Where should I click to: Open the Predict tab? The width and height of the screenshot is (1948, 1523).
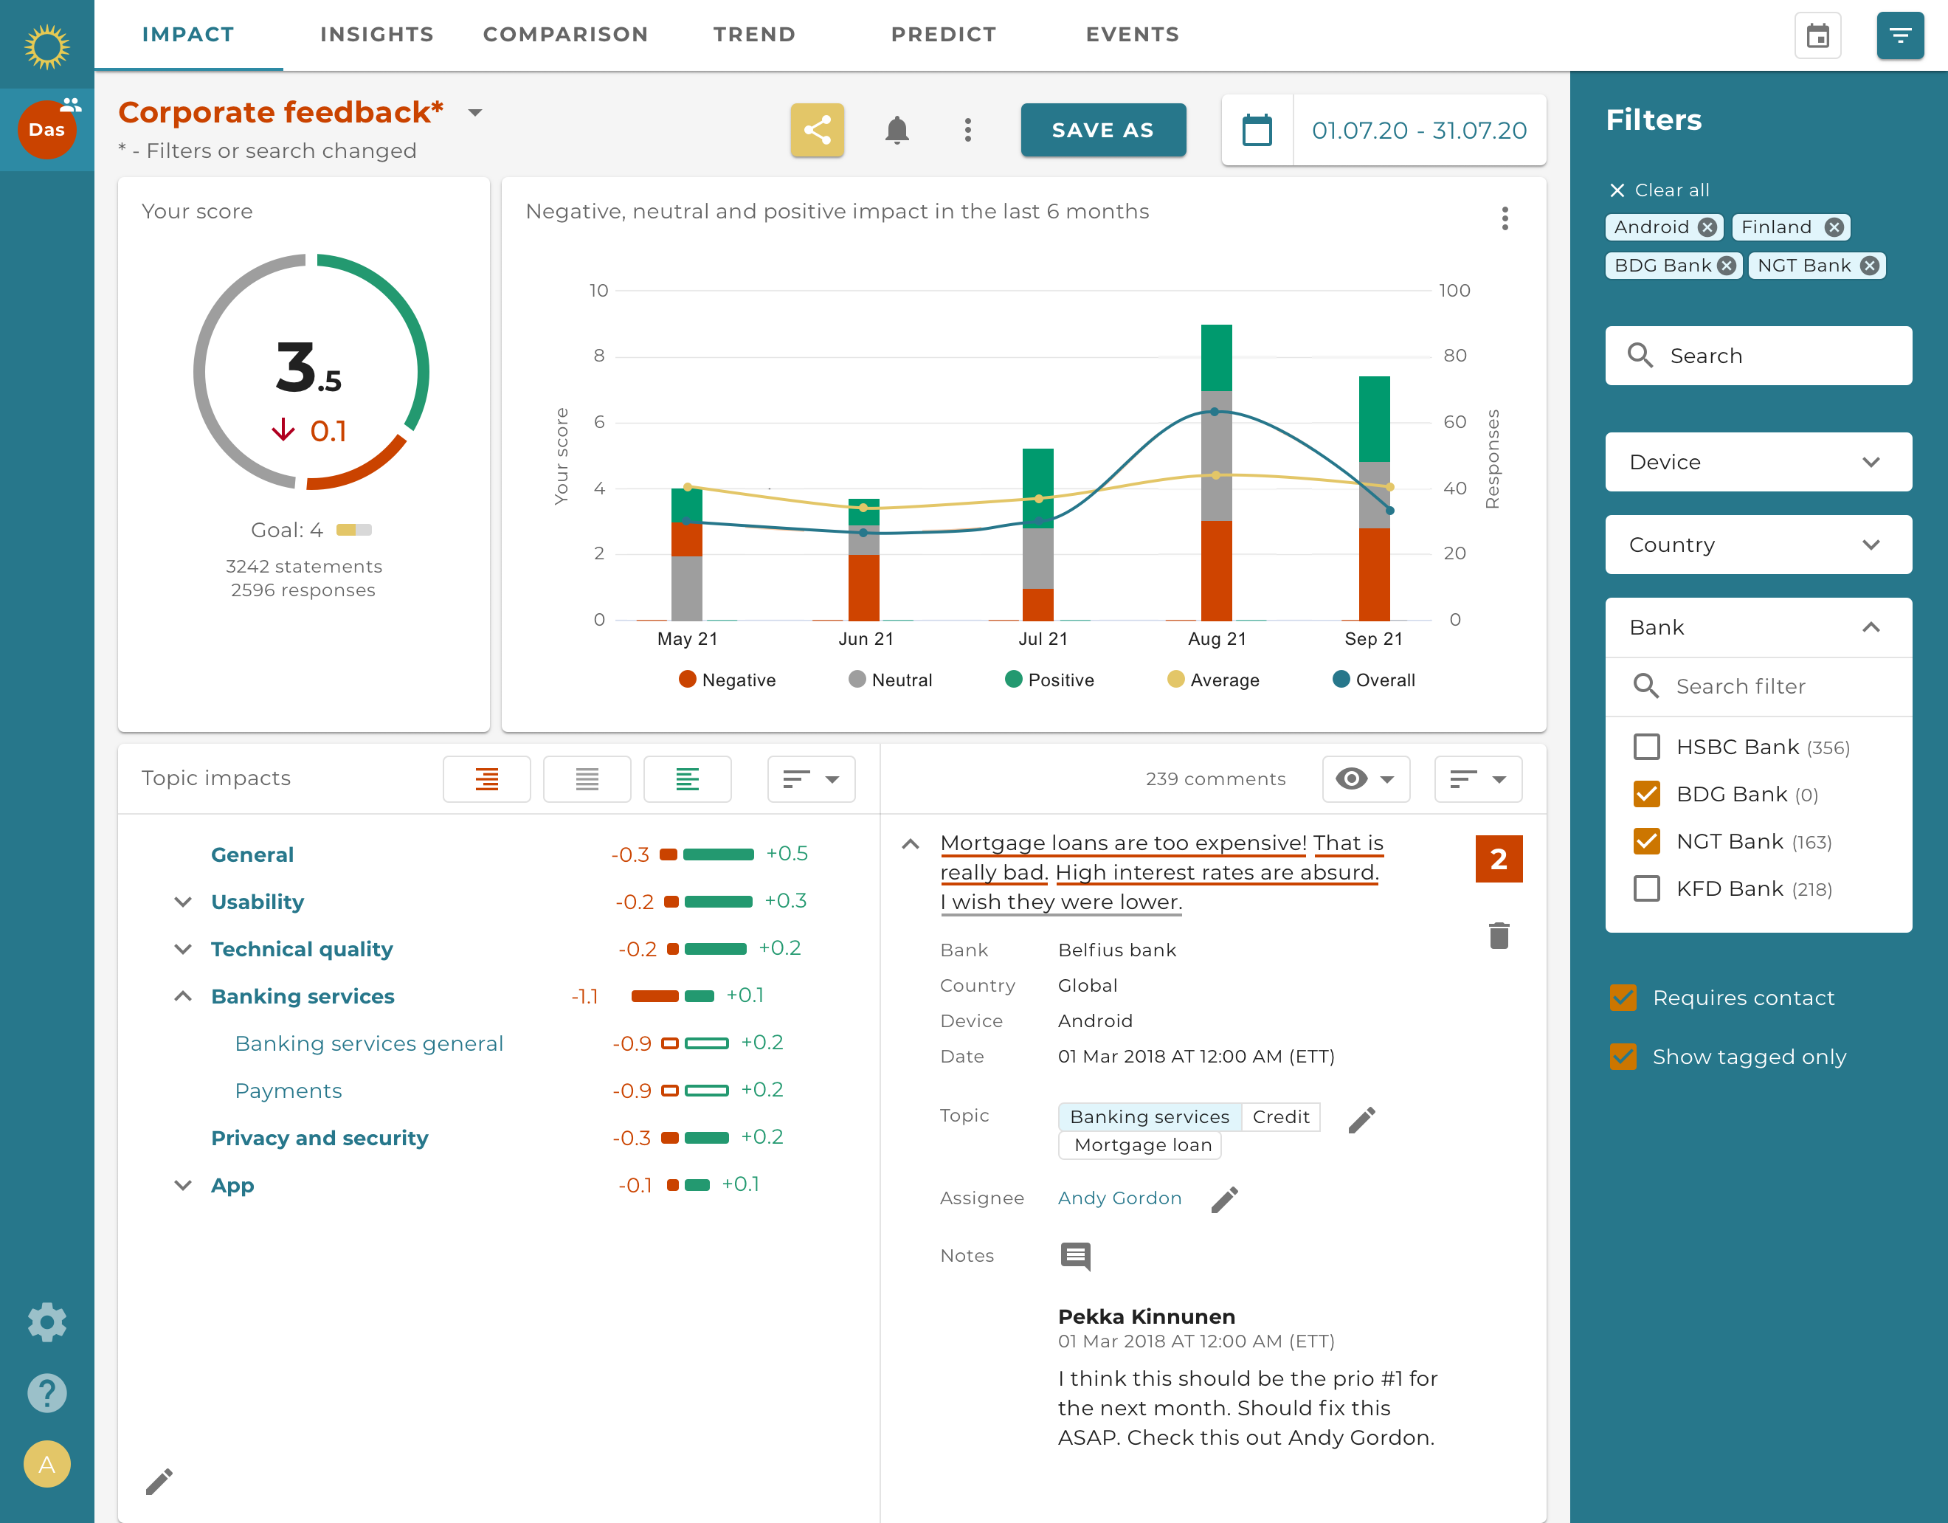click(943, 34)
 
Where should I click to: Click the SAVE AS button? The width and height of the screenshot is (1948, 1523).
click(1102, 131)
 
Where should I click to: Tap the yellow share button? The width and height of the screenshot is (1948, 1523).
click(816, 131)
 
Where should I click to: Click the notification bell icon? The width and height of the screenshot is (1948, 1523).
click(897, 131)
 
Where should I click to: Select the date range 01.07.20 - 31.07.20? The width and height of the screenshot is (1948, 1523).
click(1418, 131)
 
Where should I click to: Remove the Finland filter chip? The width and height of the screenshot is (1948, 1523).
click(1834, 227)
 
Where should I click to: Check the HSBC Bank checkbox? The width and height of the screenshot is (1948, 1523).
click(1646, 747)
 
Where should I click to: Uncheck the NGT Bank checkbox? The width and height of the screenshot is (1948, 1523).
click(1646, 841)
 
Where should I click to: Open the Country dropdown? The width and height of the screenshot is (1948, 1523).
click(1757, 545)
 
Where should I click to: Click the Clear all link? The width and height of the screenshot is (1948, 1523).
click(1660, 190)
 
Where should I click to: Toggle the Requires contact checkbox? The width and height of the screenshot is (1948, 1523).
click(1623, 998)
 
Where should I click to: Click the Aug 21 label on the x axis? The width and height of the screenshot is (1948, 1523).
click(1217, 639)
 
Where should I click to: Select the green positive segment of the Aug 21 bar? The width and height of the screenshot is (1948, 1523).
click(1217, 357)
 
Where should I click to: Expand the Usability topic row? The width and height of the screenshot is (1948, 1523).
click(183, 901)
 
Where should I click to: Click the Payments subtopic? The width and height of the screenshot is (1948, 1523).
click(288, 1091)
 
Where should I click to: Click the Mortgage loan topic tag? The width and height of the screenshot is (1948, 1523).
click(1141, 1144)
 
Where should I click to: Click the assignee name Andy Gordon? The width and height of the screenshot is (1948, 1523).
click(1119, 1198)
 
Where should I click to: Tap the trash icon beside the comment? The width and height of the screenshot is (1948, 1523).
click(1499, 936)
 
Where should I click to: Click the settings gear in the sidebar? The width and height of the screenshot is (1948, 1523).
click(46, 1322)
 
